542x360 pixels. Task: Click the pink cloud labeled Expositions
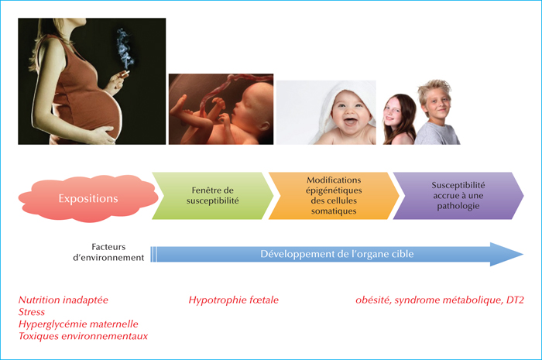coord(88,198)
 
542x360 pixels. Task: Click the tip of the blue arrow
coord(523,254)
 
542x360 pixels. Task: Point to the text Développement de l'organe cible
coord(337,254)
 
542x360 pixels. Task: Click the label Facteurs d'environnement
coord(108,252)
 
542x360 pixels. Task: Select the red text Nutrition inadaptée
coord(63,300)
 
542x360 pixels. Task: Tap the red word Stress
coord(32,312)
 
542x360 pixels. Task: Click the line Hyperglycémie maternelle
coord(78,324)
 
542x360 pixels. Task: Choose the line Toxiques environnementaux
coord(83,336)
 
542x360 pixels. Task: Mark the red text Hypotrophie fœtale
coord(233,300)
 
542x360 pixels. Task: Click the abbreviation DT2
coord(515,300)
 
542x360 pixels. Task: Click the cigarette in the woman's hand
coord(125,74)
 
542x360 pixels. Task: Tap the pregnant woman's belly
coord(100,111)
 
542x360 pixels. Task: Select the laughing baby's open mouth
coord(350,122)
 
